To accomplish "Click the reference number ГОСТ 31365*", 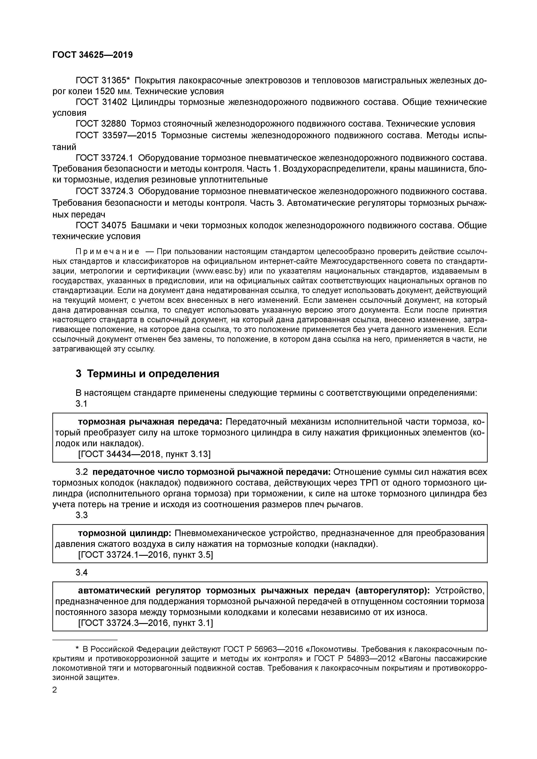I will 103,80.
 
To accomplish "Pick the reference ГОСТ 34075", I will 101,226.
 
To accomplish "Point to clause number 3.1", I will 81,404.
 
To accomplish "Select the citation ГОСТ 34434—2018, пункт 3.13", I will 144,454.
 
